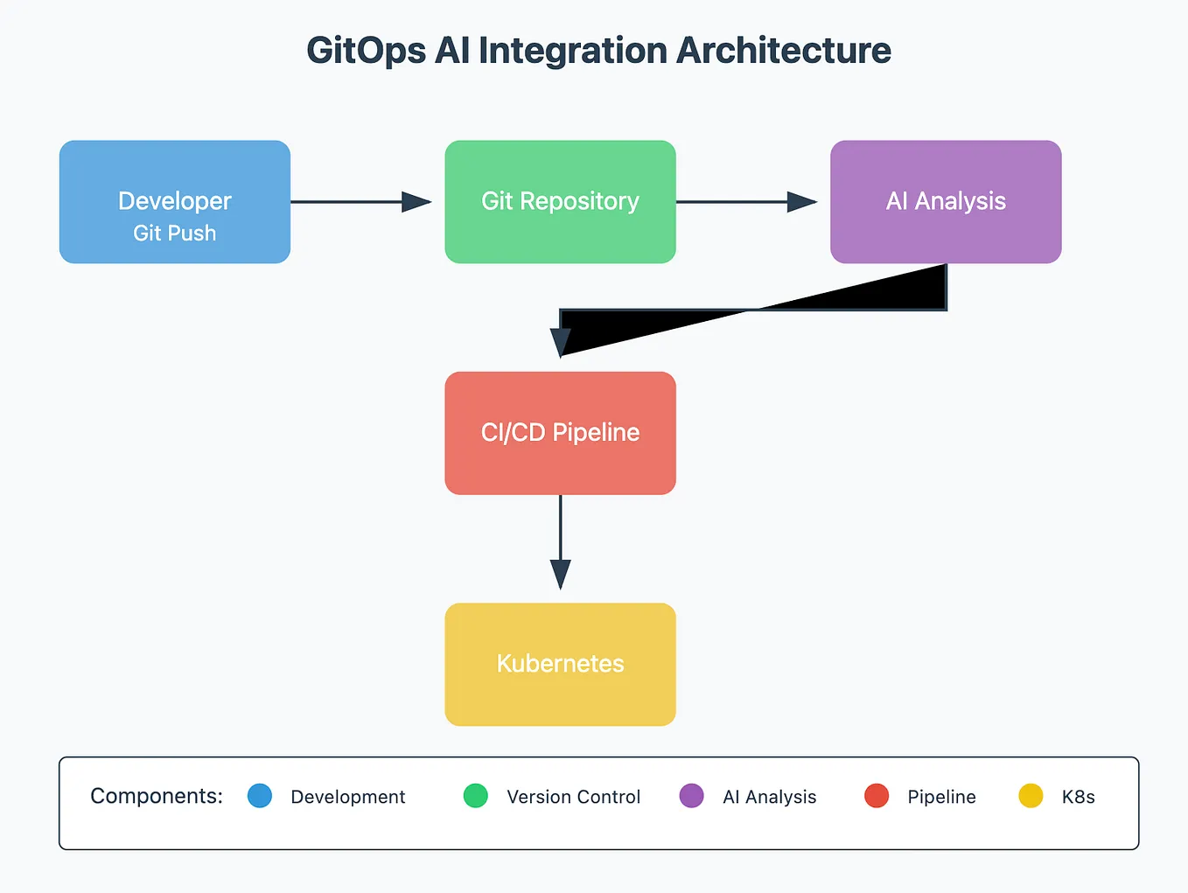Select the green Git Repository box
(x=560, y=201)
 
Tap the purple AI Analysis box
(x=946, y=201)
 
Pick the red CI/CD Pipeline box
(x=560, y=433)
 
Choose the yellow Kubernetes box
(x=560, y=664)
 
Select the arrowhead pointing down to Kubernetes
(x=560, y=574)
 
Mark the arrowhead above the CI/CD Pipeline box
(x=560, y=342)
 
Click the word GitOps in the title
(x=366, y=51)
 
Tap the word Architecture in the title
(x=783, y=51)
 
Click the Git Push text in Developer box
(x=174, y=234)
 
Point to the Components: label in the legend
(x=157, y=796)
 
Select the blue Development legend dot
(x=260, y=796)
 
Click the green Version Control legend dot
(x=476, y=796)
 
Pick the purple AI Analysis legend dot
(x=691, y=796)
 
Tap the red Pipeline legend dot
(x=877, y=796)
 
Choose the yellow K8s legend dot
(x=1031, y=796)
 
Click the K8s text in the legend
(x=1078, y=797)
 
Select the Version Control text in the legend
(x=573, y=797)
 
